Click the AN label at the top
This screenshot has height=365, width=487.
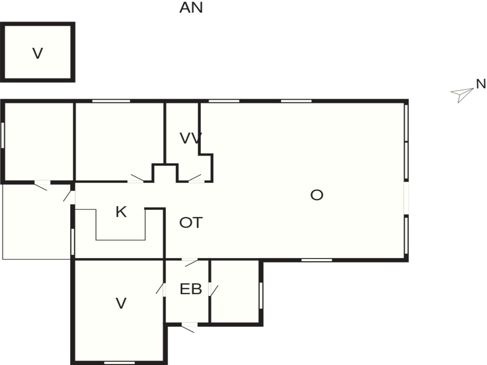click(191, 8)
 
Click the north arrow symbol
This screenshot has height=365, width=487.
click(462, 95)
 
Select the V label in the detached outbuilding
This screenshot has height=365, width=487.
click(38, 53)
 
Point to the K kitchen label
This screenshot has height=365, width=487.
click(121, 212)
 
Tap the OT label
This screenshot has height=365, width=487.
click(191, 223)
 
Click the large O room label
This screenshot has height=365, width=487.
click(317, 195)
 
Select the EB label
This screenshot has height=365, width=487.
click(191, 289)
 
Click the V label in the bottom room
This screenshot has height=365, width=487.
click(121, 303)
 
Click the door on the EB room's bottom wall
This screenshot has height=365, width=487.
click(189, 327)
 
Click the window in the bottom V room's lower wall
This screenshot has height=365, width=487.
click(119, 363)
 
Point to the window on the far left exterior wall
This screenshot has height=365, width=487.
click(3, 135)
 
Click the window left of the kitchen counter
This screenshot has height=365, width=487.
click(73, 242)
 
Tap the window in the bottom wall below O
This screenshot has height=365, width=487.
click(317, 260)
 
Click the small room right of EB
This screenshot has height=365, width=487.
click(235, 291)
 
